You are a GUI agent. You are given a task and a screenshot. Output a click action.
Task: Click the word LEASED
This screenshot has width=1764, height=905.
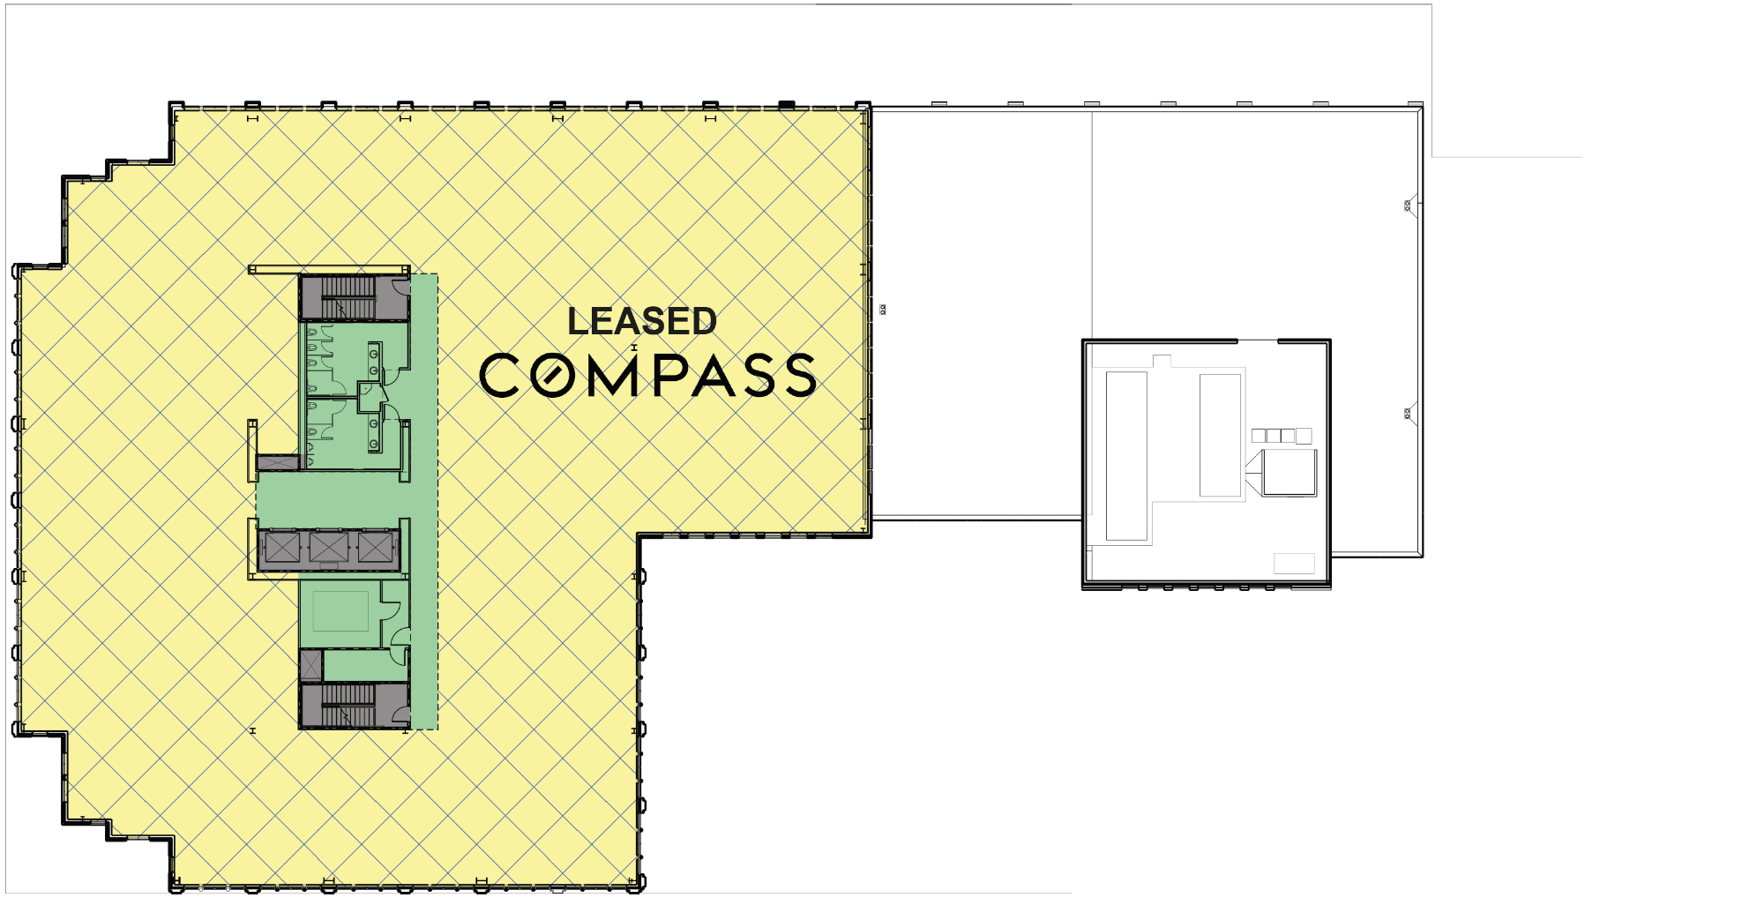tap(641, 322)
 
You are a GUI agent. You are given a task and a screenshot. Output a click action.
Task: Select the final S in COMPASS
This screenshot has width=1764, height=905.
tap(800, 375)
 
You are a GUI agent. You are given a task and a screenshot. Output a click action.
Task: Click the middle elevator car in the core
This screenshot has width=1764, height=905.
tap(329, 548)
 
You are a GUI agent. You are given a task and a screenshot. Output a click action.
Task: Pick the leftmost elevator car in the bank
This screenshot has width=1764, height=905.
tap(282, 548)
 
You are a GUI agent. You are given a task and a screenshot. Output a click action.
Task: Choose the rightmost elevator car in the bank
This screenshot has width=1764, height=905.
tap(375, 548)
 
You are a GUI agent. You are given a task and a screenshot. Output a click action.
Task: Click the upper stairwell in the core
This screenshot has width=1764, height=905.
tap(349, 297)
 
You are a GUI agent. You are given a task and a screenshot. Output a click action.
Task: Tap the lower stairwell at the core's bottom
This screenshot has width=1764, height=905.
tap(349, 705)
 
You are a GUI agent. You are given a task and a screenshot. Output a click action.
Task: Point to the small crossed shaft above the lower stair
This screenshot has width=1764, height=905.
tap(311, 664)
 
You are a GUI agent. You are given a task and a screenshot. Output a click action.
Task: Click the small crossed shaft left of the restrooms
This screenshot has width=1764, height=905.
tap(278, 462)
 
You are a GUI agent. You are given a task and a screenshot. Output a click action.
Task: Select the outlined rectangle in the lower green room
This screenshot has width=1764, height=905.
tap(340, 610)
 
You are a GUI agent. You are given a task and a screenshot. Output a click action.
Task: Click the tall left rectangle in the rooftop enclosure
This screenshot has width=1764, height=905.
tap(1126, 455)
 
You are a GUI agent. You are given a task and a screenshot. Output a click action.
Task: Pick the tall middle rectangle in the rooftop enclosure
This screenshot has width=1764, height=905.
tap(1221, 435)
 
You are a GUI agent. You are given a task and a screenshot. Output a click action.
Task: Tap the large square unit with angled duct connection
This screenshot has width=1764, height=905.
tap(1289, 472)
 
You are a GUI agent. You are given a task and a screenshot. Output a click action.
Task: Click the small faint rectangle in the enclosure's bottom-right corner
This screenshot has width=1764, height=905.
tap(1294, 563)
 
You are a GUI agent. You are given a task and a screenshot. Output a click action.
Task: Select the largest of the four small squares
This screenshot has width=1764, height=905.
tap(1304, 436)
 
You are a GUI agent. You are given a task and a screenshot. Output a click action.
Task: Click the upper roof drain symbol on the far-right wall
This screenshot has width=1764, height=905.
tap(1408, 205)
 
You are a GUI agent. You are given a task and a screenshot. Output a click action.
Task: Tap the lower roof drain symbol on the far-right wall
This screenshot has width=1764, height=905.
tap(1408, 413)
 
